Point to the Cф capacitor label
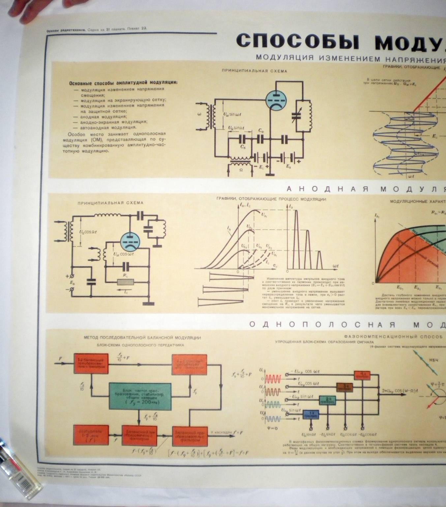[x=261, y=130]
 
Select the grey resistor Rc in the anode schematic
[x=126, y=282]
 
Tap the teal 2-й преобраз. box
[x=327, y=400]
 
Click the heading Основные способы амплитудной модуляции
[x=123, y=83]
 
